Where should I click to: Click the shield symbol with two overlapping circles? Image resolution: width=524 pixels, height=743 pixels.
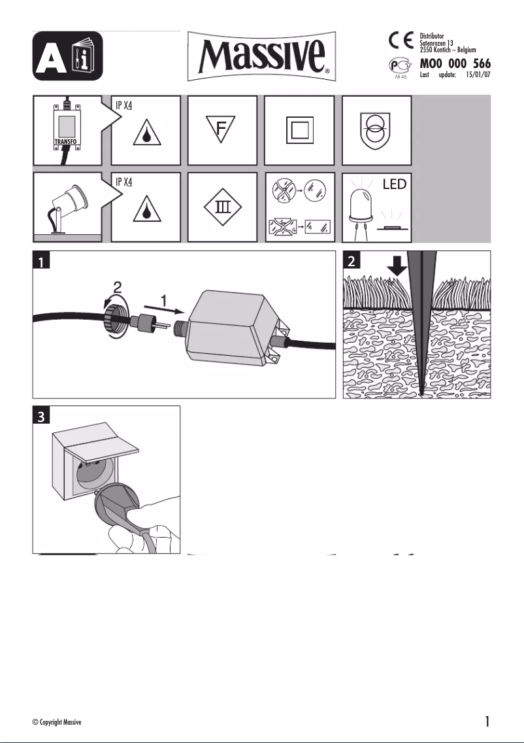click(376, 130)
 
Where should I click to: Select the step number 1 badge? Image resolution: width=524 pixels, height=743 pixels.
click(42, 262)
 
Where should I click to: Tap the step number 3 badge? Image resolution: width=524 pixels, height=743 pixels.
click(42, 416)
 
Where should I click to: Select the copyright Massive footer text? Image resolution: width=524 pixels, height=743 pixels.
click(57, 722)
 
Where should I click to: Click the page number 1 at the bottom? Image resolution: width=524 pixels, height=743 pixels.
click(487, 721)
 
